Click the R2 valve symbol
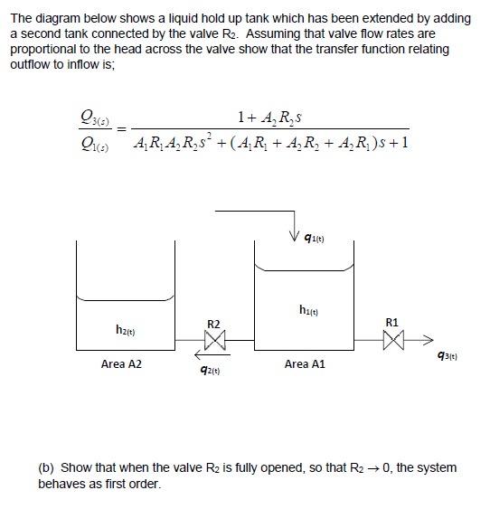[214, 340]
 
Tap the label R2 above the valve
[213, 323]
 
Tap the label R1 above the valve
[391, 321]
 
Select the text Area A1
[304, 364]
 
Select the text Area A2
[121, 364]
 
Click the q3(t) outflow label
[447, 356]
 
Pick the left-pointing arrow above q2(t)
[203, 355]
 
